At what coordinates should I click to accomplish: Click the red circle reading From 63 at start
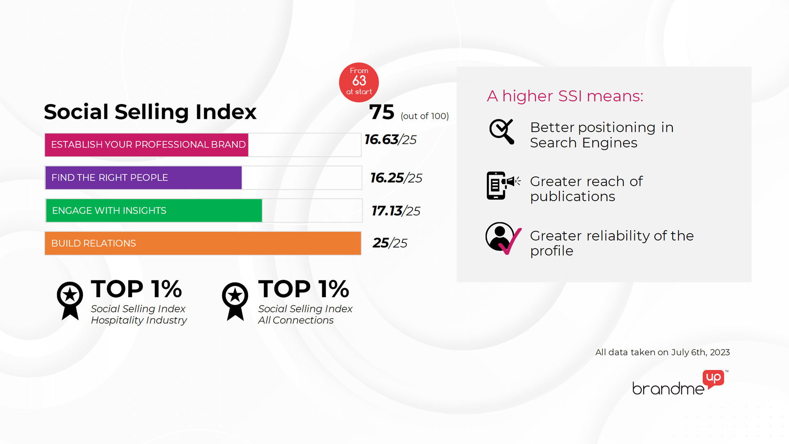click(359, 82)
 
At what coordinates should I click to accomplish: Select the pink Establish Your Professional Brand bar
click(147, 145)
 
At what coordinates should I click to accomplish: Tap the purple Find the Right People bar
click(143, 178)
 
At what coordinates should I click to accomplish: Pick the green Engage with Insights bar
click(154, 210)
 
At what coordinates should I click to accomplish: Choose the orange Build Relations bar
click(203, 243)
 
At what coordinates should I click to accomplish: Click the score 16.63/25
click(390, 140)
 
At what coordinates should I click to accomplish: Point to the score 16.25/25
click(396, 178)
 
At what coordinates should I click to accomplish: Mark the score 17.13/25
click(396, 211)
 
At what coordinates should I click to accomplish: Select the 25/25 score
click(390, 243)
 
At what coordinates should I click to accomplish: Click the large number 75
click(382, 112)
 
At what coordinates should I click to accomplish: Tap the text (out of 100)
click(424, 116)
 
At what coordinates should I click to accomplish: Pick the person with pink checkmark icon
click(503, 238)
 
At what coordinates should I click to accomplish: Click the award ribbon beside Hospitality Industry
click(70, 300)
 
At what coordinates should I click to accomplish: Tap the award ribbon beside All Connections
click(235, 301)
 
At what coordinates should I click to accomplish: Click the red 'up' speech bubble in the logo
click(714, 378)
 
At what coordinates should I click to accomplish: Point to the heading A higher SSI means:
click(565, 96)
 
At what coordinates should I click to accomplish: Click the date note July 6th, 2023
click(700, 352)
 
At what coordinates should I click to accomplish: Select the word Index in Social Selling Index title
click(226, 112)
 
